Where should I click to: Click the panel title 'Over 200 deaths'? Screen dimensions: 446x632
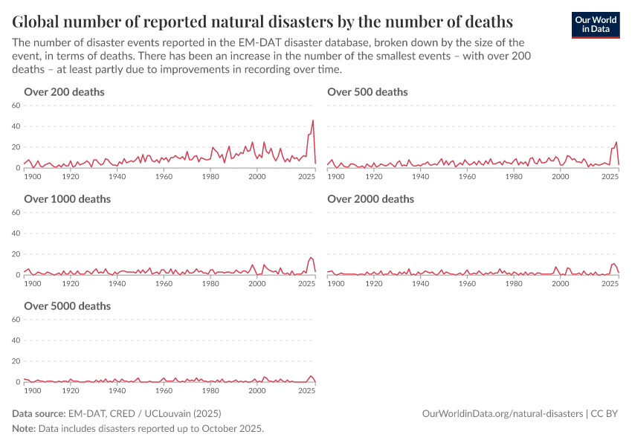(x=64, y=92)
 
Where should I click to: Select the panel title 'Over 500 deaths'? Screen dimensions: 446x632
(x=367, y=92)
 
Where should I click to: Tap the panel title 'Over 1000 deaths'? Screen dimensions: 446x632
(x=67, y=199)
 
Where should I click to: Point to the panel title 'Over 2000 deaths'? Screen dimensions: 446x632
(x=370, y=199)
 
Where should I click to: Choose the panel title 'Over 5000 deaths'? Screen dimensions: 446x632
(x=67, y=306)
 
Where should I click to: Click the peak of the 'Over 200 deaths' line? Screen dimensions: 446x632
(x=313, y=120)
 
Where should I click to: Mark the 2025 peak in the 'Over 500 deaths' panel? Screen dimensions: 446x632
(x=616, y=142)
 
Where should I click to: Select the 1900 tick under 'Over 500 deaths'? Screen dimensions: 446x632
(x=336, y=177)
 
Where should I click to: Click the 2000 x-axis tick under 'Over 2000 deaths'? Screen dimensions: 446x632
(x=560, y=284)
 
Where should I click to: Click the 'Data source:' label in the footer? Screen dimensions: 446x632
(x=38, y=413)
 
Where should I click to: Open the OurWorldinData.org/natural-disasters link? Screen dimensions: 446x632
(x=502, y=413)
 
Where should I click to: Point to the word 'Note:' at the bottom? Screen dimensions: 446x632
(x=25, y=429)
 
